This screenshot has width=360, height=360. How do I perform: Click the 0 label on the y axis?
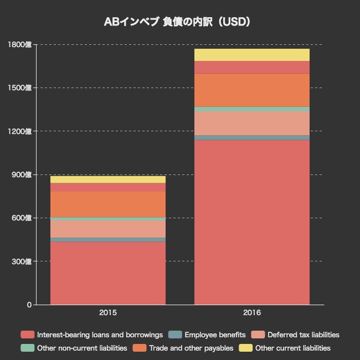pyautogui.click(x=29, y=305)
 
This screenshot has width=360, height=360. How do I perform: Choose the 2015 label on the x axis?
pyautogui.click(x=108, y=313)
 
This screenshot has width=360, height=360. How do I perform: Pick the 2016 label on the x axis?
pyautogui.click(x=252, y=313)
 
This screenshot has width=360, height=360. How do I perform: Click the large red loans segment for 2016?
pyautogui.click(x=252, y=222)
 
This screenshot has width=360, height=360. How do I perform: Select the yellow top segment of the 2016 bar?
pyautogui.click(x=252, y=54)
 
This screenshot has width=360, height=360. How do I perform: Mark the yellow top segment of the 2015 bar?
pyautogui.click(x=108, y=179)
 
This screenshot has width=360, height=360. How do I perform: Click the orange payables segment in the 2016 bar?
pyautogui.click(x=252, y=90)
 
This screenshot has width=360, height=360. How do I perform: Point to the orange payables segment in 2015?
pyautogui.click(x=108, y=204)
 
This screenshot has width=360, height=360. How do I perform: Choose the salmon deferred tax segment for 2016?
pyautogui.click(x=252, y=123)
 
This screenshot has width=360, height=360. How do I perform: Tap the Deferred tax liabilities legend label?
pyautogui.click(x=303, y=335)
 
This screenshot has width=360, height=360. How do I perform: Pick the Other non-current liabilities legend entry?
pyautogui.click(x=82, y=348)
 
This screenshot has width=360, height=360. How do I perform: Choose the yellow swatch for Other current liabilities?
pyautogui.click(x=246, y=348)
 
